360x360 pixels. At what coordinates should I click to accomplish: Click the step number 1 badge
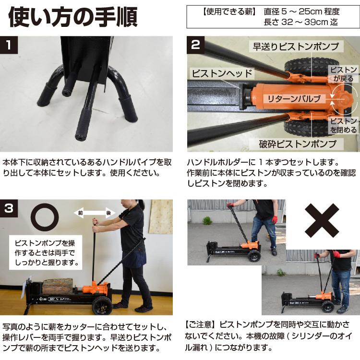[10, 46]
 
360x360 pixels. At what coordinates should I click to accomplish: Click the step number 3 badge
[10, 208]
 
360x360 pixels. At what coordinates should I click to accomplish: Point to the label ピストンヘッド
[222, 73]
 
